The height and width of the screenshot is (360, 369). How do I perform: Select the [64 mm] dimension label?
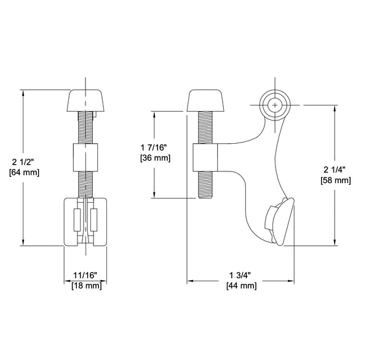coord(24,173)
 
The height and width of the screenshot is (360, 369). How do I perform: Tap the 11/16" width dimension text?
coord(85,275)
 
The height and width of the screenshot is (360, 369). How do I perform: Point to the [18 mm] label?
coord(87,286)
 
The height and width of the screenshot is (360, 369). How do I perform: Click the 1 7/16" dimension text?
coord(154,147)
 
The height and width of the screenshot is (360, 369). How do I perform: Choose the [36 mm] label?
coord(155,157)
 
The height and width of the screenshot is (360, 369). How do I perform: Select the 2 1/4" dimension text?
coord(335,170)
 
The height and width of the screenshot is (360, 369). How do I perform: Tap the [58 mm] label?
coord(336,181)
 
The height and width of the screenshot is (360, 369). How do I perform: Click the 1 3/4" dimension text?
coord(240,275)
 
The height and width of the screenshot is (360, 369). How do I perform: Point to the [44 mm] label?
coord(242,286)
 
